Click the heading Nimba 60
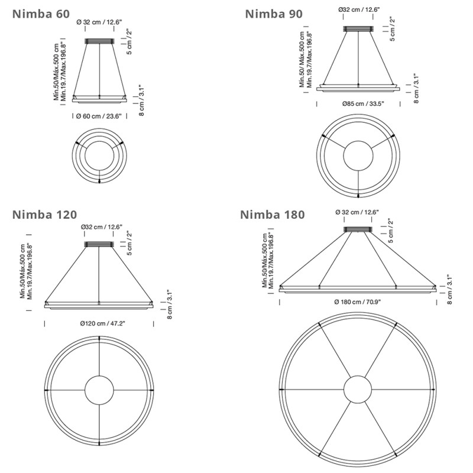[38, 12]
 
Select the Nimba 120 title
[44, 213]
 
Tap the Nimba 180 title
[273, 214]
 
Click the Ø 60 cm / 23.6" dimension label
[99, 116]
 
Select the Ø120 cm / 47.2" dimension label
[99, 323]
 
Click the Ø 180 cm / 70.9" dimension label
[358, 302]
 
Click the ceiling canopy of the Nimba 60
[99, 41]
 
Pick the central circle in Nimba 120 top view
[99, 390]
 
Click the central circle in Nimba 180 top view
[358, 390]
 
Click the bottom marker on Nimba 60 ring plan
[99, 180]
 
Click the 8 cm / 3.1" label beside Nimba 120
[169, 304]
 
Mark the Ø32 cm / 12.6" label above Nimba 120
[99, 227]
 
